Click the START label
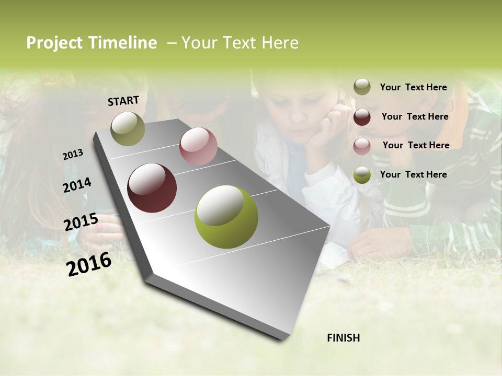pos(123,101)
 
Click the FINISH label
pos(343,338)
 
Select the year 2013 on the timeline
pos(73,155)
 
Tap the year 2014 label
pos(77,185)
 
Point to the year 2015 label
pos(81,222)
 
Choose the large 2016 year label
pos(89,264)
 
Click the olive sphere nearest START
pos(128,128)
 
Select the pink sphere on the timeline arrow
pos(198,146)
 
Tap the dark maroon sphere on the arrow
pos(152,188)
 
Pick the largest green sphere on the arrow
pos(226,217)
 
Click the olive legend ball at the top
pos(362,87)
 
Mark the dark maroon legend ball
pos(362,116)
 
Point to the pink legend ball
pos(362,146)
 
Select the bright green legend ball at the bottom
pos(362,175)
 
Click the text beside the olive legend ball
pos(413,87)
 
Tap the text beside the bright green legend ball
pos(413,174)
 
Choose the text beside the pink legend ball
pos(416,145)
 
